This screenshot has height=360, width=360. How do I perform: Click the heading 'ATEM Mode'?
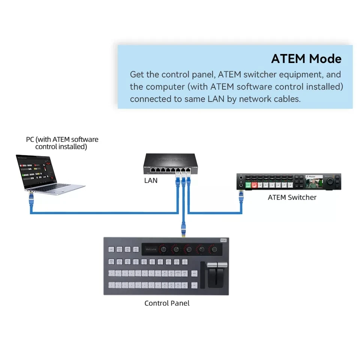point(306,59)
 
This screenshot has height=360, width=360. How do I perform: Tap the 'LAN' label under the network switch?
point(151,180)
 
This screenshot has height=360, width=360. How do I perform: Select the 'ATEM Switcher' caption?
point(292,197)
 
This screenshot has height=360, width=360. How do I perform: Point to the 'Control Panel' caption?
point(167,303)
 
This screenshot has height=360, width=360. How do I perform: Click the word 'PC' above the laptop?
point(30,139)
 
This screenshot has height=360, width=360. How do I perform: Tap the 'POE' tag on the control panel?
point(223,240)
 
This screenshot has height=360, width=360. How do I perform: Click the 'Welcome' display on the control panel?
point(151,249)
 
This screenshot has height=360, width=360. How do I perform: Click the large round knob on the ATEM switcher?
point(331,181)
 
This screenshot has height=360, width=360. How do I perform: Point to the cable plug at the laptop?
point(30,195)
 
